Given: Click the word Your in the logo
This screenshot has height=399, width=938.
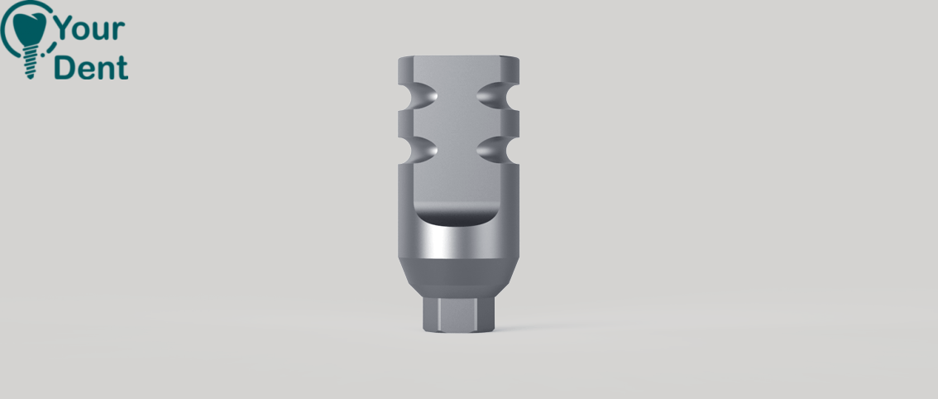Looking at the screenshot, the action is [89, 29].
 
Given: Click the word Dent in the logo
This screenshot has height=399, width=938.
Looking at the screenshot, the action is [91, 67].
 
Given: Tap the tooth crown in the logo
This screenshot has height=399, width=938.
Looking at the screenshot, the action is [29, 28].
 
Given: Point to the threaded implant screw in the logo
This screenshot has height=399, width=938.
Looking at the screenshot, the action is [29, 63].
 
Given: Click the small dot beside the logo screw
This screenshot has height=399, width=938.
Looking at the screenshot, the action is [43, 55].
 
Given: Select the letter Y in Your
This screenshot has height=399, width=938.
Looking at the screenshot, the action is [64, 28].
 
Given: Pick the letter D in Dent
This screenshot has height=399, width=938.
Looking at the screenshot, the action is [65, 68].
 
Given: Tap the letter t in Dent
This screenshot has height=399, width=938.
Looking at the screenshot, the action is [122, 69].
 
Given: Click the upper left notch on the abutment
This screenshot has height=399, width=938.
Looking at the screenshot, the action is [419, 96].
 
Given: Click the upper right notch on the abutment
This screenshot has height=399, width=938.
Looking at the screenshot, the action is [498, 96].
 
